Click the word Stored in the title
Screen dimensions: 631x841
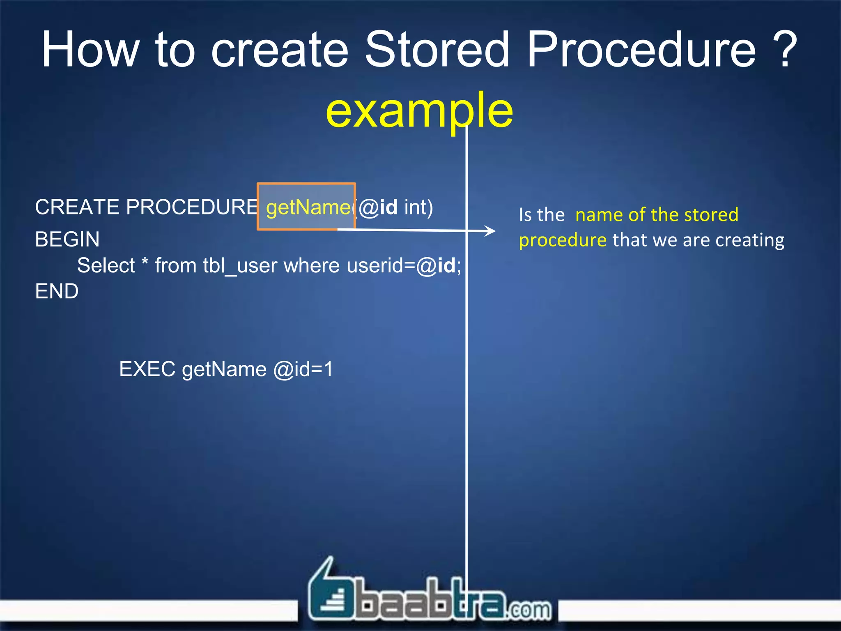[x=437, y=50]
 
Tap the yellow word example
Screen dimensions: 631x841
[x=419, y=110]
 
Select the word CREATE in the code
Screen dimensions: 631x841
[x=77, y=207]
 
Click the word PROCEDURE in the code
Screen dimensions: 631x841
[x=192, y=207]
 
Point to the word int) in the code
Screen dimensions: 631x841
[x=418, y=207]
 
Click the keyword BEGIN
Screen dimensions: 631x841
[x=67, y=240]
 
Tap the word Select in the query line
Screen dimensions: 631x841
[x=106, y=266]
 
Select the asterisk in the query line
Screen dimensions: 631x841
[x=145, y=263]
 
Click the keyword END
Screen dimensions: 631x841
[x=57, y=292]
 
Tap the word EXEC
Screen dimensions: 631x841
[x=147, y=369]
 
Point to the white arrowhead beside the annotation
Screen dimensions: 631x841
[x=490, y=231]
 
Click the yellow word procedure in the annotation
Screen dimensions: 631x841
[x=563, y=240]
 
